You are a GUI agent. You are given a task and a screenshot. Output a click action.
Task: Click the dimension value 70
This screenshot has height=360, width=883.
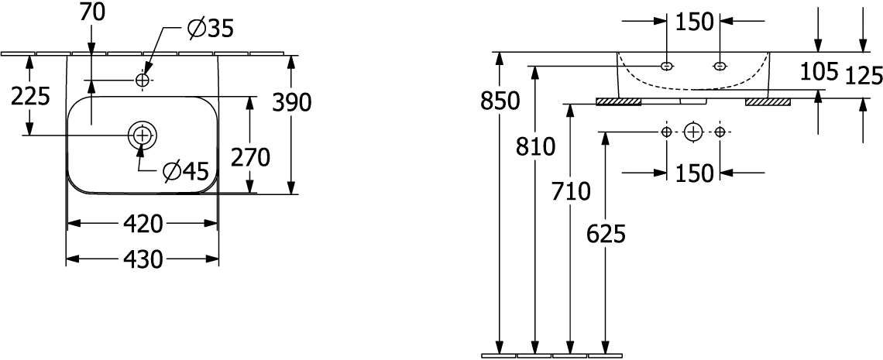click(92, 13)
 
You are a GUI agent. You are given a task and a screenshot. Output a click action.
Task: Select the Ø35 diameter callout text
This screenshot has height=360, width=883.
click(210, 29)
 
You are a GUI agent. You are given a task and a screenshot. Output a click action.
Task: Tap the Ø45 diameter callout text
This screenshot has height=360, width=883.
click(186, 172)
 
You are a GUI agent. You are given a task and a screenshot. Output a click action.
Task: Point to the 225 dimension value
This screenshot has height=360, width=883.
click(31, 97)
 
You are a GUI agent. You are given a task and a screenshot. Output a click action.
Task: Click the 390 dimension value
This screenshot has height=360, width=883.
click(292, 102)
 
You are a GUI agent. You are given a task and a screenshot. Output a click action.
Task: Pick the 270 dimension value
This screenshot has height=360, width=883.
click(251, 158)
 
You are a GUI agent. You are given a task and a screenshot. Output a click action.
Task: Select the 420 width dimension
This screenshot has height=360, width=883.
click(143, 225)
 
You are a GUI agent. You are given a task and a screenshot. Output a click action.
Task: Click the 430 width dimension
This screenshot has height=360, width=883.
click(143, 259)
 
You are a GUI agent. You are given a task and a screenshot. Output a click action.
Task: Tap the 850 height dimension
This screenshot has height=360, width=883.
click(500, 101)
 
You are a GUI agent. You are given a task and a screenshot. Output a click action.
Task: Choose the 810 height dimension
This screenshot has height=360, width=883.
click(535, 147)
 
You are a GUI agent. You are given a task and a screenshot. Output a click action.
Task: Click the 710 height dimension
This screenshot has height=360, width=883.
click(571, 192)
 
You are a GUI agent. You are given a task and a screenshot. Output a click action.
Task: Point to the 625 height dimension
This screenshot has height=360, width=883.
click(606, 234)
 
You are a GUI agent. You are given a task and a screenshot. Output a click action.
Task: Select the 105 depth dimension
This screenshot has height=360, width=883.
click(819, 71)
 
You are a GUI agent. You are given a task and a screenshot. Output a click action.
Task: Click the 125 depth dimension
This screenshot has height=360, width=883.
click(864, 75)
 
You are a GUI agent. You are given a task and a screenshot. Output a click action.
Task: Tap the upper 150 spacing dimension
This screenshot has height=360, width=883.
click(694, 22)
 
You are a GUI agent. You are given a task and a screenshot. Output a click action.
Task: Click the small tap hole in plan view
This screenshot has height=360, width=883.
click(143, 81)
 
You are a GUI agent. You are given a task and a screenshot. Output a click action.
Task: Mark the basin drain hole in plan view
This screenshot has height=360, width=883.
click(143, 135)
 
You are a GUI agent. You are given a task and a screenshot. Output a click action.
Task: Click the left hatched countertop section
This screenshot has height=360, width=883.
click(619, 102)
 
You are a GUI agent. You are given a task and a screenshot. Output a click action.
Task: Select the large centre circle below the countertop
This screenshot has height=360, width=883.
click(693, 132)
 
